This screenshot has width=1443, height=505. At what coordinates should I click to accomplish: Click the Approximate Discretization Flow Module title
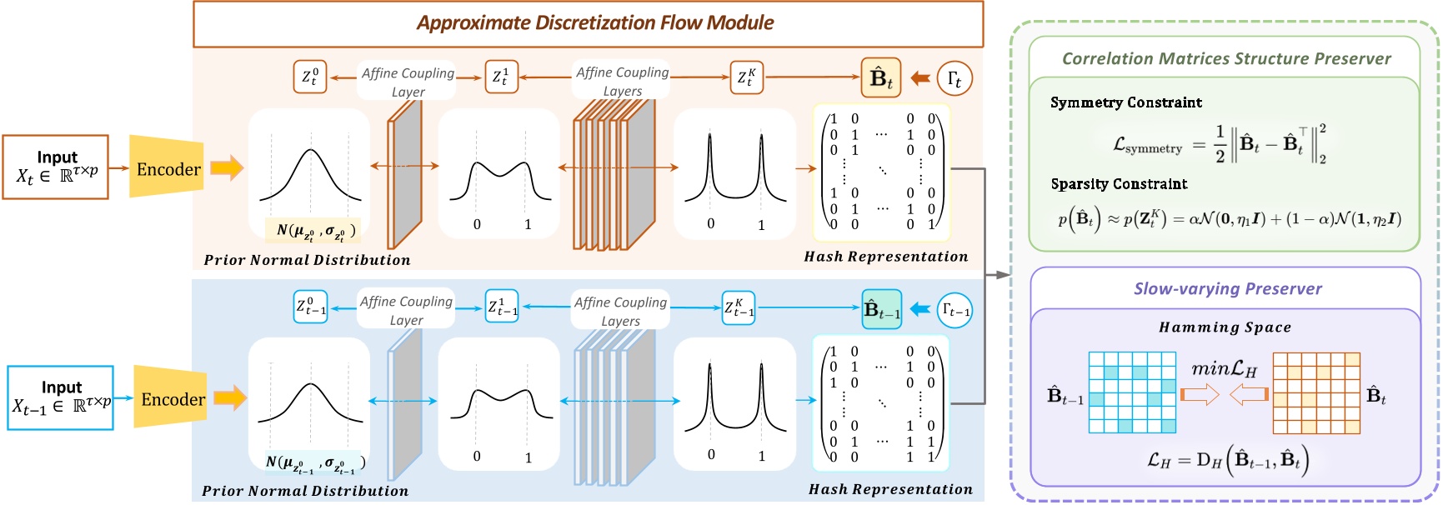click(594, 23)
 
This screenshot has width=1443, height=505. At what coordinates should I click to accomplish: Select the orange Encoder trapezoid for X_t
click(167, 168)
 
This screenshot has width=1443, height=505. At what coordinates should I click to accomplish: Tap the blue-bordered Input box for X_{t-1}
click(61, 397)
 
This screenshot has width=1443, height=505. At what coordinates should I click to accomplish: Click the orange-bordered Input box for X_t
click(56, 167)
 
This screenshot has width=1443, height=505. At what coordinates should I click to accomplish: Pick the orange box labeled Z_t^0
click(309, 77)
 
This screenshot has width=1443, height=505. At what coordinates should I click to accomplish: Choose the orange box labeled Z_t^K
click(746, 77)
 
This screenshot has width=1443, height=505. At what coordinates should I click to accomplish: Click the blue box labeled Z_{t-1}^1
click(502, 307)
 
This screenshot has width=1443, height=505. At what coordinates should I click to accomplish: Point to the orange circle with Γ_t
click(954, 78)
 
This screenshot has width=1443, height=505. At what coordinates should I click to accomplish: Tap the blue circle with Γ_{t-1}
click(954, 310)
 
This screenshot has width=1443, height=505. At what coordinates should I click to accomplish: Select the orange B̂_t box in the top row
click(881, 78)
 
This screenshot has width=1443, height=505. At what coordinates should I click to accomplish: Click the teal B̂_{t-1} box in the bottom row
click(881, 309)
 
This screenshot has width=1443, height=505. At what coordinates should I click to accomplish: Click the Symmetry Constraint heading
click(1125, 102)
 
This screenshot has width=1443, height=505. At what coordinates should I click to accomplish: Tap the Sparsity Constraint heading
click(1119, 184)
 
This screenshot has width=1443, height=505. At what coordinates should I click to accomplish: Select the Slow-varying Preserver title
click(1227, 289)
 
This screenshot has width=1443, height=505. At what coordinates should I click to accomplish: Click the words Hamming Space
click(1225, 327)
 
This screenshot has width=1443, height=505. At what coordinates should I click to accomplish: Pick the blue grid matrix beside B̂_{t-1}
click(1132, 392)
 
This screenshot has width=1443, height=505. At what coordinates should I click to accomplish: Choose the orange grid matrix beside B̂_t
click(1316, 392)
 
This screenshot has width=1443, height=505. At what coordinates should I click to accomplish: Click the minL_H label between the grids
click(1224, 368)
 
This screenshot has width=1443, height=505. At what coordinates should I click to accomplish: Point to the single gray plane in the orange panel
click(404, 175)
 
